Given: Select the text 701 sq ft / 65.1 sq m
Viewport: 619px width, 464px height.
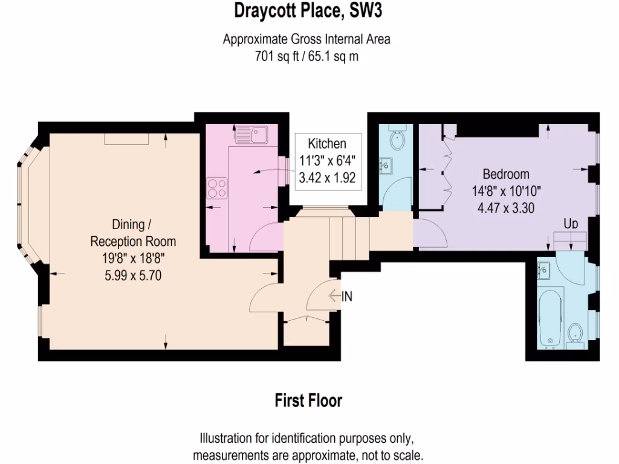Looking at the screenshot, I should (x=306, y=56).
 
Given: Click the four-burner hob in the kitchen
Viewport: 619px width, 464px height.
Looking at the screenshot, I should (x=217, y=188).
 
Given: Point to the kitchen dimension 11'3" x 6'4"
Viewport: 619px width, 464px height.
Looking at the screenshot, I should (x=327, y=161).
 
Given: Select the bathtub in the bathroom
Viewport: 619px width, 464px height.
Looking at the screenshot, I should (x=550, y=318).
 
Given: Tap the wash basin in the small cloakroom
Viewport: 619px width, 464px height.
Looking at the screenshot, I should (x=385, y=165).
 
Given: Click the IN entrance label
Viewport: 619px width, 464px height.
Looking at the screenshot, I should (x=347, y=296).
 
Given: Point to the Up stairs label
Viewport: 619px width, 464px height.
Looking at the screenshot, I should (x=571, y=224).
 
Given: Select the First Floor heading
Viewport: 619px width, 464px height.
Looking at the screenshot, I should (x=308, y=401).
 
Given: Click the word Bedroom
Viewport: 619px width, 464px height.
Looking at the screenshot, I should (x=505, y=174).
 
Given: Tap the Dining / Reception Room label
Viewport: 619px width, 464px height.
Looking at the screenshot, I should (x=133, y=233).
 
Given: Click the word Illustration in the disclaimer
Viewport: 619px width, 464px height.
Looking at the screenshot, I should (x=227, y=437).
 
